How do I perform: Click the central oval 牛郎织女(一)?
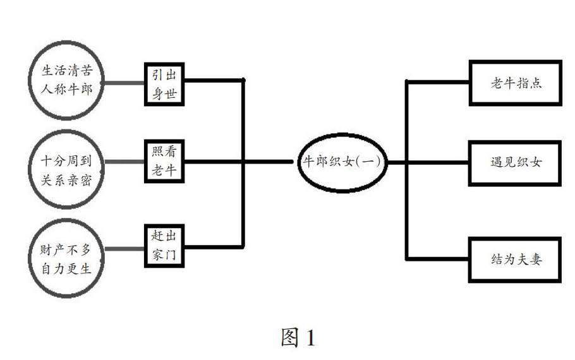341,162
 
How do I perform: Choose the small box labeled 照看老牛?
164,161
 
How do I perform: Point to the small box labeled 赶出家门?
164,246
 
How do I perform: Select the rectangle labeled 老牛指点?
515,83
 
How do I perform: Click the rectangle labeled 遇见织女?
515,162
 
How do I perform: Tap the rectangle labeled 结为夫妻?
515,259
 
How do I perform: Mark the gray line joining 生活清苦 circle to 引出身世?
123,83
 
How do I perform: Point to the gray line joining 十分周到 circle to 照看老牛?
123,162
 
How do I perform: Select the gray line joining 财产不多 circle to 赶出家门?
123,249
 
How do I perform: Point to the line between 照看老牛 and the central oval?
240,162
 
